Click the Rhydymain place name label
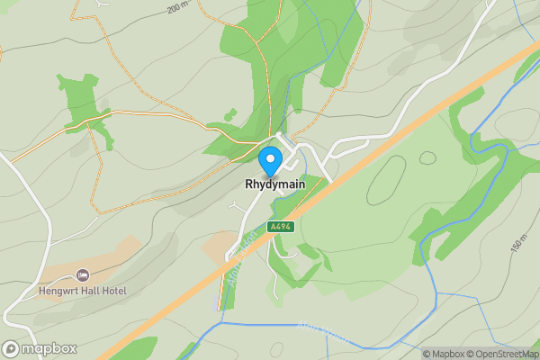pos(274,184)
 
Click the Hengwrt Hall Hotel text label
pos(83,291)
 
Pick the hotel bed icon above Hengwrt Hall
pos(83,274)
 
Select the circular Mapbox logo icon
pos(11,348)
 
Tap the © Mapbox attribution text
pos(445,354)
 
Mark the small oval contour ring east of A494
pos(427,158)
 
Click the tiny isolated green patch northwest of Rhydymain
pos(230,114)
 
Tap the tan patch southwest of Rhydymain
pos(219,243)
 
